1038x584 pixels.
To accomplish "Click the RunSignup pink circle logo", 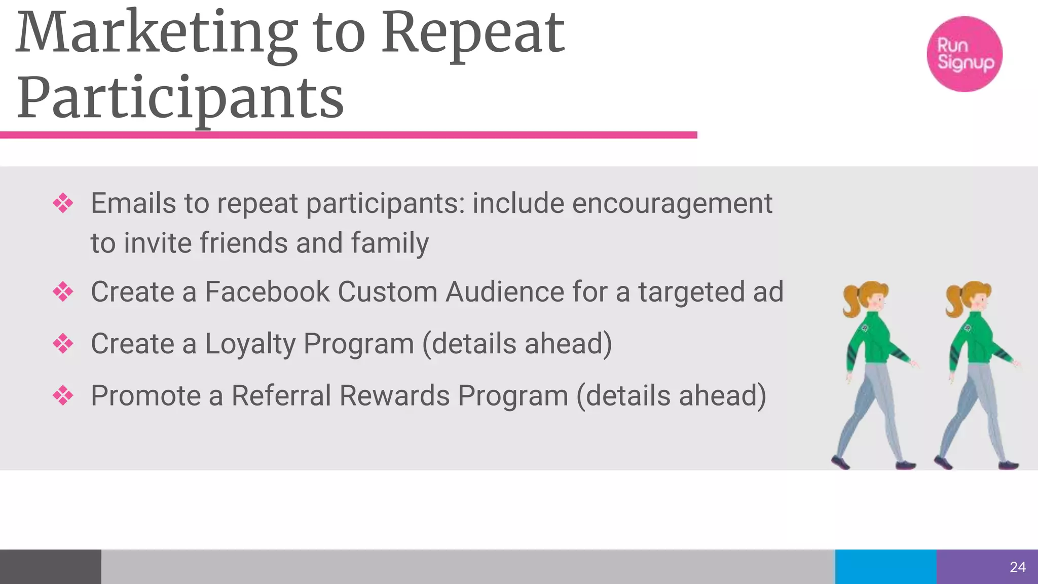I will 964,54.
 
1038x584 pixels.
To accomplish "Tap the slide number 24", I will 1018,567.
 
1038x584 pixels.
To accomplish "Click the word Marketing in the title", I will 157,33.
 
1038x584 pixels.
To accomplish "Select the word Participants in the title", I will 180,98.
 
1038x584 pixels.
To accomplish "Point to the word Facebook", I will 267,293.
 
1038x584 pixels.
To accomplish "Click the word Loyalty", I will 250,344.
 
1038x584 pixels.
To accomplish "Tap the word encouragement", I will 672,204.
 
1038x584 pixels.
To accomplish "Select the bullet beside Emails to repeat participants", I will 63,204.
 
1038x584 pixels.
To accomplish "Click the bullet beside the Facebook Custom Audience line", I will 63,292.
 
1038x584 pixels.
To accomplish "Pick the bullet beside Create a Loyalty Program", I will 63,344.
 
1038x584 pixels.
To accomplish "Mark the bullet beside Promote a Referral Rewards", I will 63,395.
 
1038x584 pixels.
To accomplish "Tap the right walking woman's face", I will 979,303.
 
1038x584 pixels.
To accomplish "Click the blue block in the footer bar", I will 885,567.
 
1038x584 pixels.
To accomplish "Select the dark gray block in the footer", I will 50,567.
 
